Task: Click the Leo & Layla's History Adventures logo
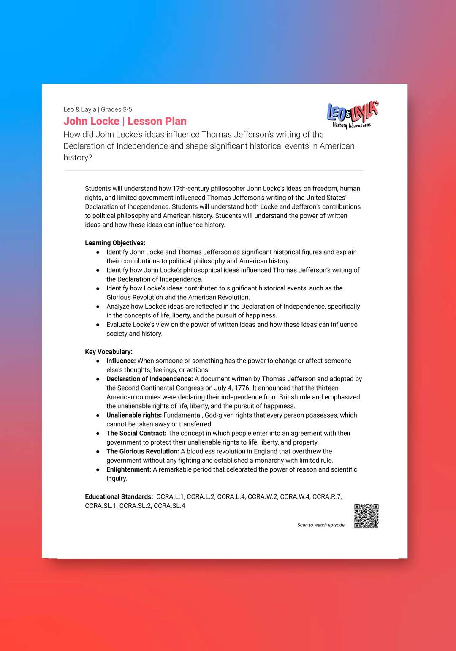point(353,114)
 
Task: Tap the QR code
point(366,516)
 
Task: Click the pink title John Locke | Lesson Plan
point(125,121)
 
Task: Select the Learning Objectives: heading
point(115,243)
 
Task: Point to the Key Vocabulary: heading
point(109,352)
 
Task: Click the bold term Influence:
point(121,361)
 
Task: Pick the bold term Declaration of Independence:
point(149,379)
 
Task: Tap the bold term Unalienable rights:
point(134,415)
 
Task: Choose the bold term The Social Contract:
point(136,433)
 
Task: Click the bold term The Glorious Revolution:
point(143,451)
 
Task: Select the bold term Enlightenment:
point(128,469)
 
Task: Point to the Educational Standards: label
point(119,496)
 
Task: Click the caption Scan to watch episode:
point(321,525)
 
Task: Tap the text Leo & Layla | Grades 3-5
point(98,109)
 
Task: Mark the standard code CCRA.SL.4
point(169,506)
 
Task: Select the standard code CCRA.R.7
point(327,496)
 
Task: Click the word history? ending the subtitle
point(78,157)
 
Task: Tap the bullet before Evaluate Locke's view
point(98,325)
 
